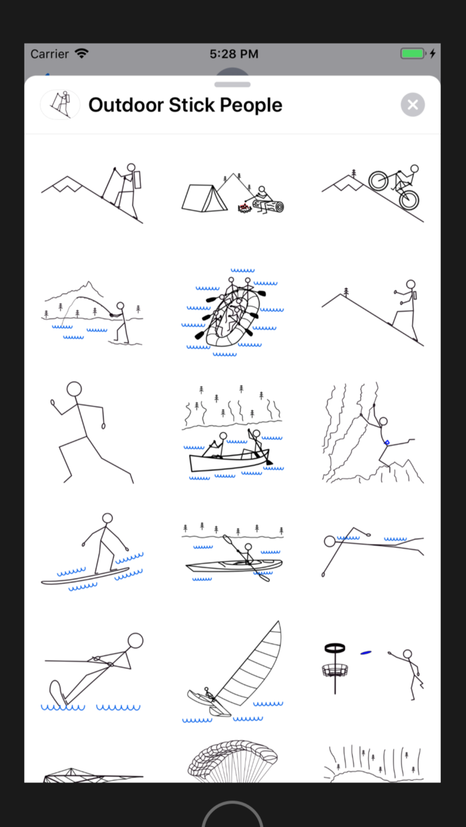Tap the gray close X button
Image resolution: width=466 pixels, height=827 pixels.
[x=413, y=104]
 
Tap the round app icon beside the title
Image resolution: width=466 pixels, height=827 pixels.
[x=61, y=104]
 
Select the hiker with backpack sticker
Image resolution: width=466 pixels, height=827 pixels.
[x=93, y=191]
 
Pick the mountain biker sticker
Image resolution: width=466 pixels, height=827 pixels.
[x=373, y=191]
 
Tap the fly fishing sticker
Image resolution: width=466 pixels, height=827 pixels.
[x=93, y=312]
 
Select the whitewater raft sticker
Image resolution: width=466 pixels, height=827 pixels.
[x=232, y=312]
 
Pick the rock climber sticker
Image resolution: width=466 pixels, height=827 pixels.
[x=373, y=432]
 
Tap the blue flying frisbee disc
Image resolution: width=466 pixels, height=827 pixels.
[x=365, y=653]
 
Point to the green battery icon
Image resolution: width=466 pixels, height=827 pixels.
[x=413, y=53]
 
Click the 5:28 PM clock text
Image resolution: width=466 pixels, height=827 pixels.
[x=234, y=54]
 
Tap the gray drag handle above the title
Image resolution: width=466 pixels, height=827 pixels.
[x=232, y=84]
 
